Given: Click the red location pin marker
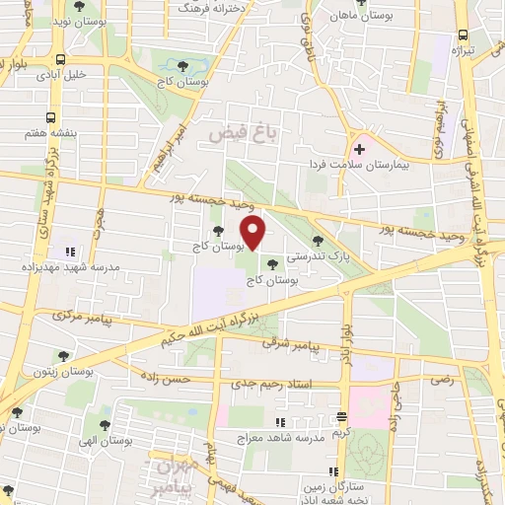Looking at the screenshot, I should (253, 233).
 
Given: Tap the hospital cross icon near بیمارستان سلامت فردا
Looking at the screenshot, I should (360, 150).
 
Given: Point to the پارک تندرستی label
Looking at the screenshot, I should (312, 253).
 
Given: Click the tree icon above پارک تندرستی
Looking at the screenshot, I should (318, 239).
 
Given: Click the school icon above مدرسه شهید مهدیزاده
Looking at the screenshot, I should (68, 252).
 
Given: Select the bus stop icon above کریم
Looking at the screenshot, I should (341, 416).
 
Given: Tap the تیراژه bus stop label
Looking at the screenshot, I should (464, 49).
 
